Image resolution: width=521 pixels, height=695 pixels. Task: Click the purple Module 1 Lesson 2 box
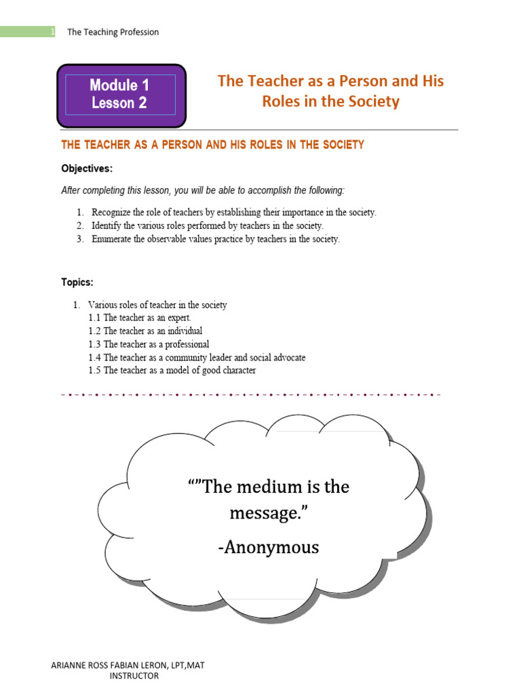point(120,94)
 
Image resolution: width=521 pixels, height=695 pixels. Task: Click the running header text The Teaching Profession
point(113,33)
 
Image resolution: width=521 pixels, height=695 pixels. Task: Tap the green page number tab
point(27,32)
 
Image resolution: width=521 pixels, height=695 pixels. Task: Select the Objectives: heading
point(87,168)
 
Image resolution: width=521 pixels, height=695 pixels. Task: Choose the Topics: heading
point(77,282)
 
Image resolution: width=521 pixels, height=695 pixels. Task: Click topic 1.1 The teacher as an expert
point(140,318)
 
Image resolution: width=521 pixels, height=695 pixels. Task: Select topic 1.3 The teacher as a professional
point(149,344)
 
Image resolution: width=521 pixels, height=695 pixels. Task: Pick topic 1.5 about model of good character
point(172,371)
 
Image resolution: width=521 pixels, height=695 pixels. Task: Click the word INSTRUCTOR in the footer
point(134,676)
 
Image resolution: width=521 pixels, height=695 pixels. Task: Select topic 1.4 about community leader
point(197,357)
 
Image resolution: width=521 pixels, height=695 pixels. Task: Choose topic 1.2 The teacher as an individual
point(145,331)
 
